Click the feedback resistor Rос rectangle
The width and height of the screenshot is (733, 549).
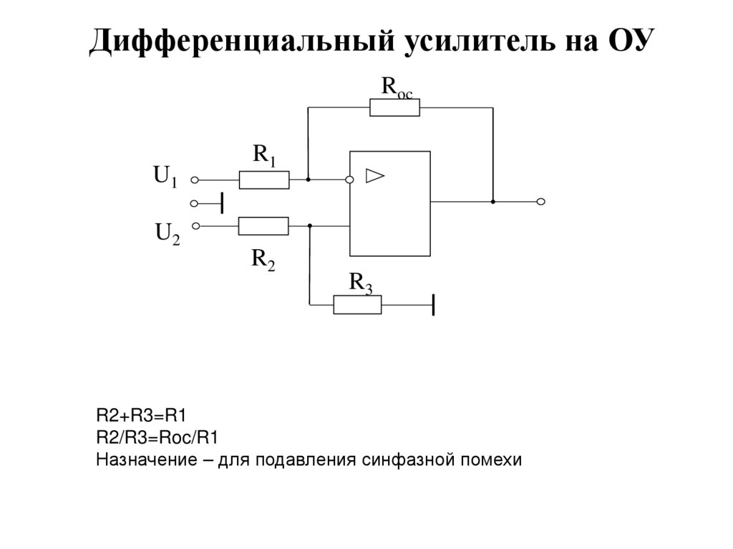click(394, 107)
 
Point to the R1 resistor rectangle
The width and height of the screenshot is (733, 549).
click(264, 180)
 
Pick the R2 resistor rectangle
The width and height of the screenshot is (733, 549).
click(263, 225)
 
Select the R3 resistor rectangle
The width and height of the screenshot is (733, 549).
click(357, 305)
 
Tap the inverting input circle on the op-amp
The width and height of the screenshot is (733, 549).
click(349, 180)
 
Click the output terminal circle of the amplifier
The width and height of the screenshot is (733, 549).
click(541, 202)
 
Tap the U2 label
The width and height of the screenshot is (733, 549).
click(168, 233)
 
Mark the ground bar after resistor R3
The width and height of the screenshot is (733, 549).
click(434, 305)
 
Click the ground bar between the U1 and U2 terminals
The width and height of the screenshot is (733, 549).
click(223, 203)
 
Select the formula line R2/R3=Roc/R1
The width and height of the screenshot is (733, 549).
click(157, 437)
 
